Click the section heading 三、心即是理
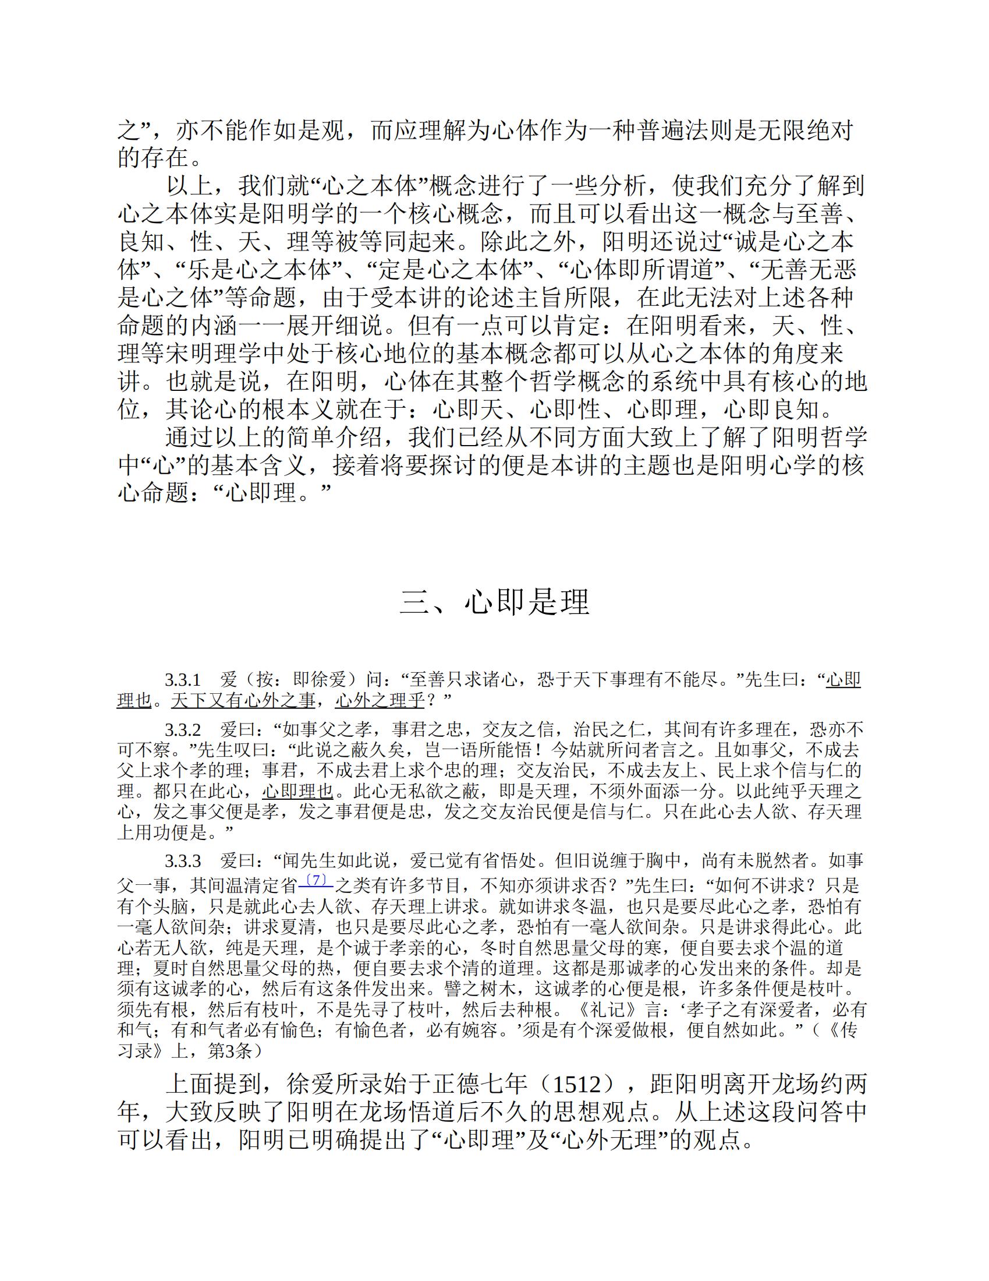pyautogui.click(x=494, y=602)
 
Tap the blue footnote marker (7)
pyautogui.click(x=316, y=880)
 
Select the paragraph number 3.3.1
pyautogui.click(x=183, y=680)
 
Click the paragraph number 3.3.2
pyautogui.click(x=183, y=731)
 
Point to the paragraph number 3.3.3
pyautogui.click(x=183, y=861)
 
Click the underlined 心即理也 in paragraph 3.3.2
pyautogui.click(x=298, y=791)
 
